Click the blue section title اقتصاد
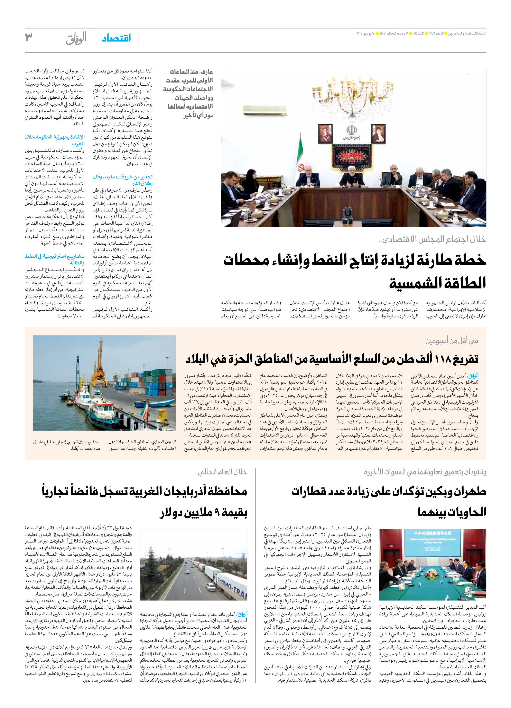116,38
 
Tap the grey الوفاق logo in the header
76,39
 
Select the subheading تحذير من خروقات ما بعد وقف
122,177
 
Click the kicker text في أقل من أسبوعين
450,341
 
